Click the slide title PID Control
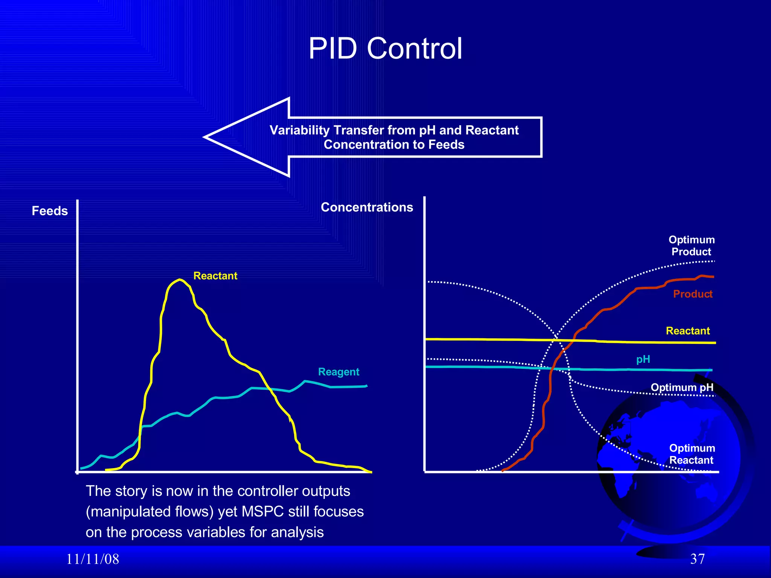point(385,49)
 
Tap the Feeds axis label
point(50,211)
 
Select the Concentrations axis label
point(367,207)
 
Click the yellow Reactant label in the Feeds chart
point(215,276)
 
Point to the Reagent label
point(338,372)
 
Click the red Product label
point(693,294)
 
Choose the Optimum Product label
point(692,246)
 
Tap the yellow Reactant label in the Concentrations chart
point(688,331)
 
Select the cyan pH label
point(643,359)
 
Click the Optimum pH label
point(682,387)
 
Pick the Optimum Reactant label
point(692,454)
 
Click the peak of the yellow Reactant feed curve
point(180,280)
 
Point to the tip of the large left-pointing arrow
point(206,137)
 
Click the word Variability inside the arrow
point(300,130)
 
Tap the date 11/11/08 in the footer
point(93,559)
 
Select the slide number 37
point(697,559)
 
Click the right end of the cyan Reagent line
point(367,386)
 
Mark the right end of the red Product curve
point(713,277)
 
